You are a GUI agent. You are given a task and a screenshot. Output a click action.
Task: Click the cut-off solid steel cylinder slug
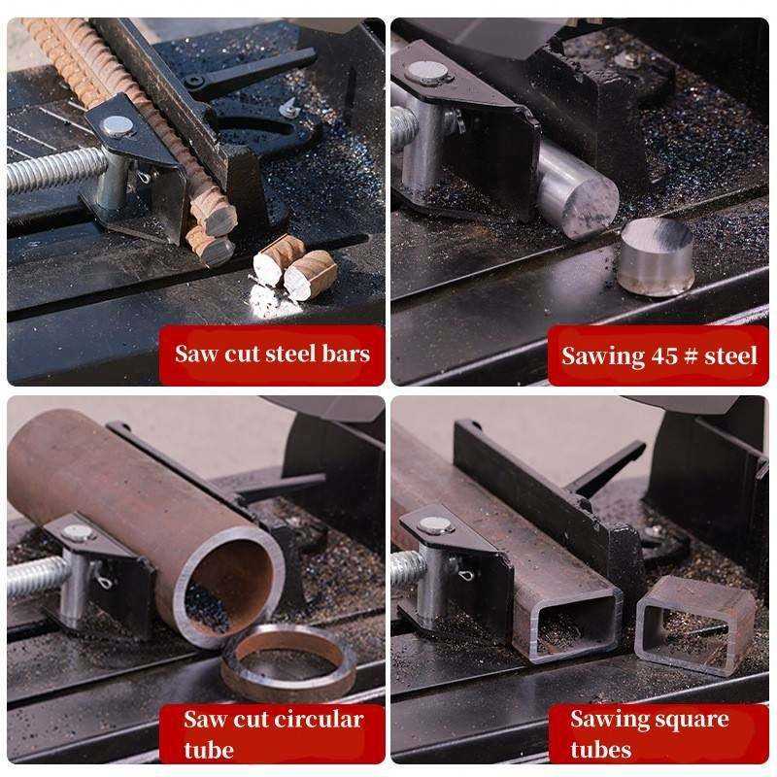[655, 256]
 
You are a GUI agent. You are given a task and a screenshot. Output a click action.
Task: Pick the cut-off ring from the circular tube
[287, 662]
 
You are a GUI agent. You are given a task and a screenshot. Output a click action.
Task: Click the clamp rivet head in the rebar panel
[118, 126]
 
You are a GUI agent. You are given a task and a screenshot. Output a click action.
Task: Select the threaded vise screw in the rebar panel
[55, 169]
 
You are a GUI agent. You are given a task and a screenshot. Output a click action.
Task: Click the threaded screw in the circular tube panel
[39, 576]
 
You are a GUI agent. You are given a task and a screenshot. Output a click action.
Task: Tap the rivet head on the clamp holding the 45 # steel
[427, 72]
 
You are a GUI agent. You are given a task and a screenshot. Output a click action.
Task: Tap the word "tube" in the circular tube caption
[209, 750]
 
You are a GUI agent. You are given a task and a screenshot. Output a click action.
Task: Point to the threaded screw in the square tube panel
[408, 569]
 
